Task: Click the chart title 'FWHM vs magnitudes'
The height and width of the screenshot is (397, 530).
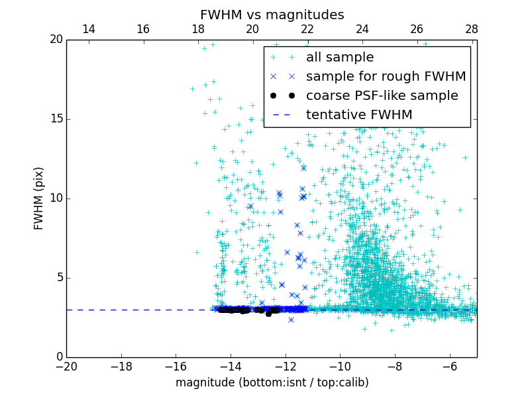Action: (x=272, y=15)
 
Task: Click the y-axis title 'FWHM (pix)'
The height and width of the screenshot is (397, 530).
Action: (x=39, y=198)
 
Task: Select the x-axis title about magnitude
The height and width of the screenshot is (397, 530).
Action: (x=272, y=382)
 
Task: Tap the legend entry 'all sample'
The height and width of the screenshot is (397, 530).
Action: (x=340, y=58)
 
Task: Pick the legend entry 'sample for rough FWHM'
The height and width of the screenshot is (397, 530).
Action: (x=386, y=77)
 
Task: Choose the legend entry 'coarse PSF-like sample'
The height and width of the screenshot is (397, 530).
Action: (x=382, y=96)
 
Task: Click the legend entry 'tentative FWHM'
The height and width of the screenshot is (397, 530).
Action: (x=359, y=115)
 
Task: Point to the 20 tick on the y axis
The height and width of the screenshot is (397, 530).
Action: (x=56, y=40)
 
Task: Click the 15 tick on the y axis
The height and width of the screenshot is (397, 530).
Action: (x=56, y=119)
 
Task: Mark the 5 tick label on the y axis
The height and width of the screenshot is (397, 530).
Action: (x=59, y=278)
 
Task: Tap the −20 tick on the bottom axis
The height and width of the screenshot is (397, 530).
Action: (x=66, y=366)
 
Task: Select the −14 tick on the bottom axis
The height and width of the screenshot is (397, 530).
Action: (x=231, y=366)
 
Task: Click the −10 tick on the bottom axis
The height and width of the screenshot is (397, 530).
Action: (x=340, y=366)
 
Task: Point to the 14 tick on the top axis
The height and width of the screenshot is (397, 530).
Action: (x=88, y=29)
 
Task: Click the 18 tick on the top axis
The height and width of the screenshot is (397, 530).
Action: (x=197, y=29)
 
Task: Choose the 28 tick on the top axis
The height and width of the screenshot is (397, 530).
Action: (x=472, y=29)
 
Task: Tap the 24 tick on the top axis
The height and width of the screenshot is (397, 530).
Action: (x=362, y=29)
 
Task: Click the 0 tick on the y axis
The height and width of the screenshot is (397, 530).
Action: (x=59, y=357)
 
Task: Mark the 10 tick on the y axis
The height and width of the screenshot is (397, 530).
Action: (x=56, y=198)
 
